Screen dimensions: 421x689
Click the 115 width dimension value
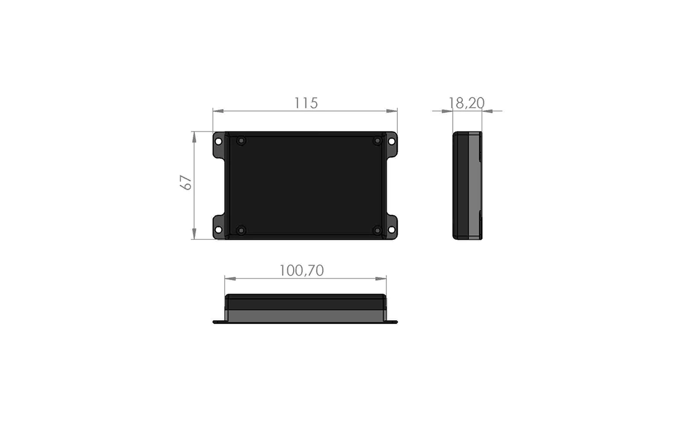(x=306, y=103)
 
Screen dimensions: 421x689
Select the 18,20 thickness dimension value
(x=466, y=103)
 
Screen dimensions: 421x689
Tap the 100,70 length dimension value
(x=302, y=271)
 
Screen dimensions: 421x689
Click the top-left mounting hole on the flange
(x=218, y=142)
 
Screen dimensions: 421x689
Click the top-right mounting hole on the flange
(x=392, y=142)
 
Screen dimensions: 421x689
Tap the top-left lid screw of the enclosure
(x=241, y=141)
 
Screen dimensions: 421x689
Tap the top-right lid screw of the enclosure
(x=377, y=141)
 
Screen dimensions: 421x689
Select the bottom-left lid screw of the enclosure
(x=241, y=231)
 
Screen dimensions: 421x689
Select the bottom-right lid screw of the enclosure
(x=377, y=231)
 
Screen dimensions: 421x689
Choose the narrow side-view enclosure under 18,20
(x=467, y=185)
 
